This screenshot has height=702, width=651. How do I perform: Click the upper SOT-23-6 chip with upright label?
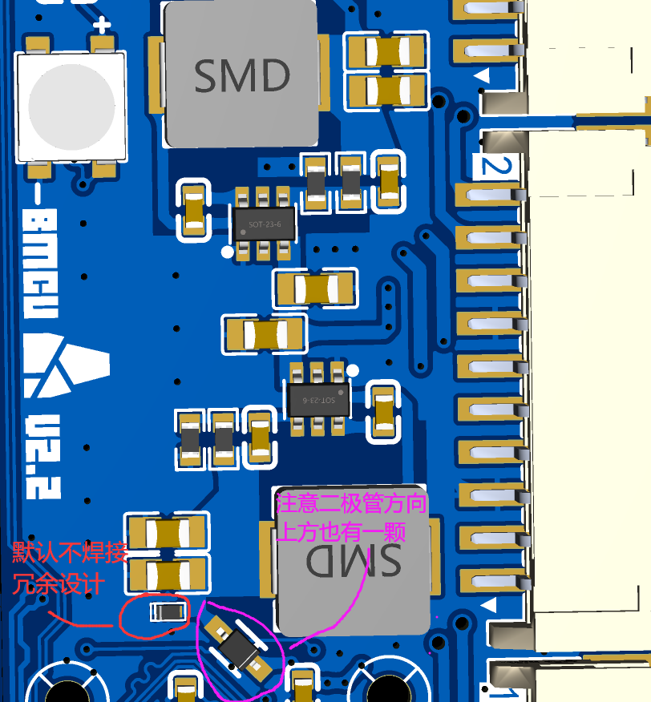point(264,224)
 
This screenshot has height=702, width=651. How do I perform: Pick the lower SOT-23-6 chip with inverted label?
point(318,399)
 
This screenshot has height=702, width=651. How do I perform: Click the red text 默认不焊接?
point(70,553)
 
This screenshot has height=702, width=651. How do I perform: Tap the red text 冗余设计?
point(58,583)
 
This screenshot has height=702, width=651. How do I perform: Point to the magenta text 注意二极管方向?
point(351,504)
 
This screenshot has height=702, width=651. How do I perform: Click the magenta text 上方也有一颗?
point(341,531)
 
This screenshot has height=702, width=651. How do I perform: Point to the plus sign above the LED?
point(102,25)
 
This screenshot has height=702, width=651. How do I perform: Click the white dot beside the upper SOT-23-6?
point(227,252)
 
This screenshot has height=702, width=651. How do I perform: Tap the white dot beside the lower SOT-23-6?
point(351,369)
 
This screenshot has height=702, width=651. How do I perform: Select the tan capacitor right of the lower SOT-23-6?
point(385,413)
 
